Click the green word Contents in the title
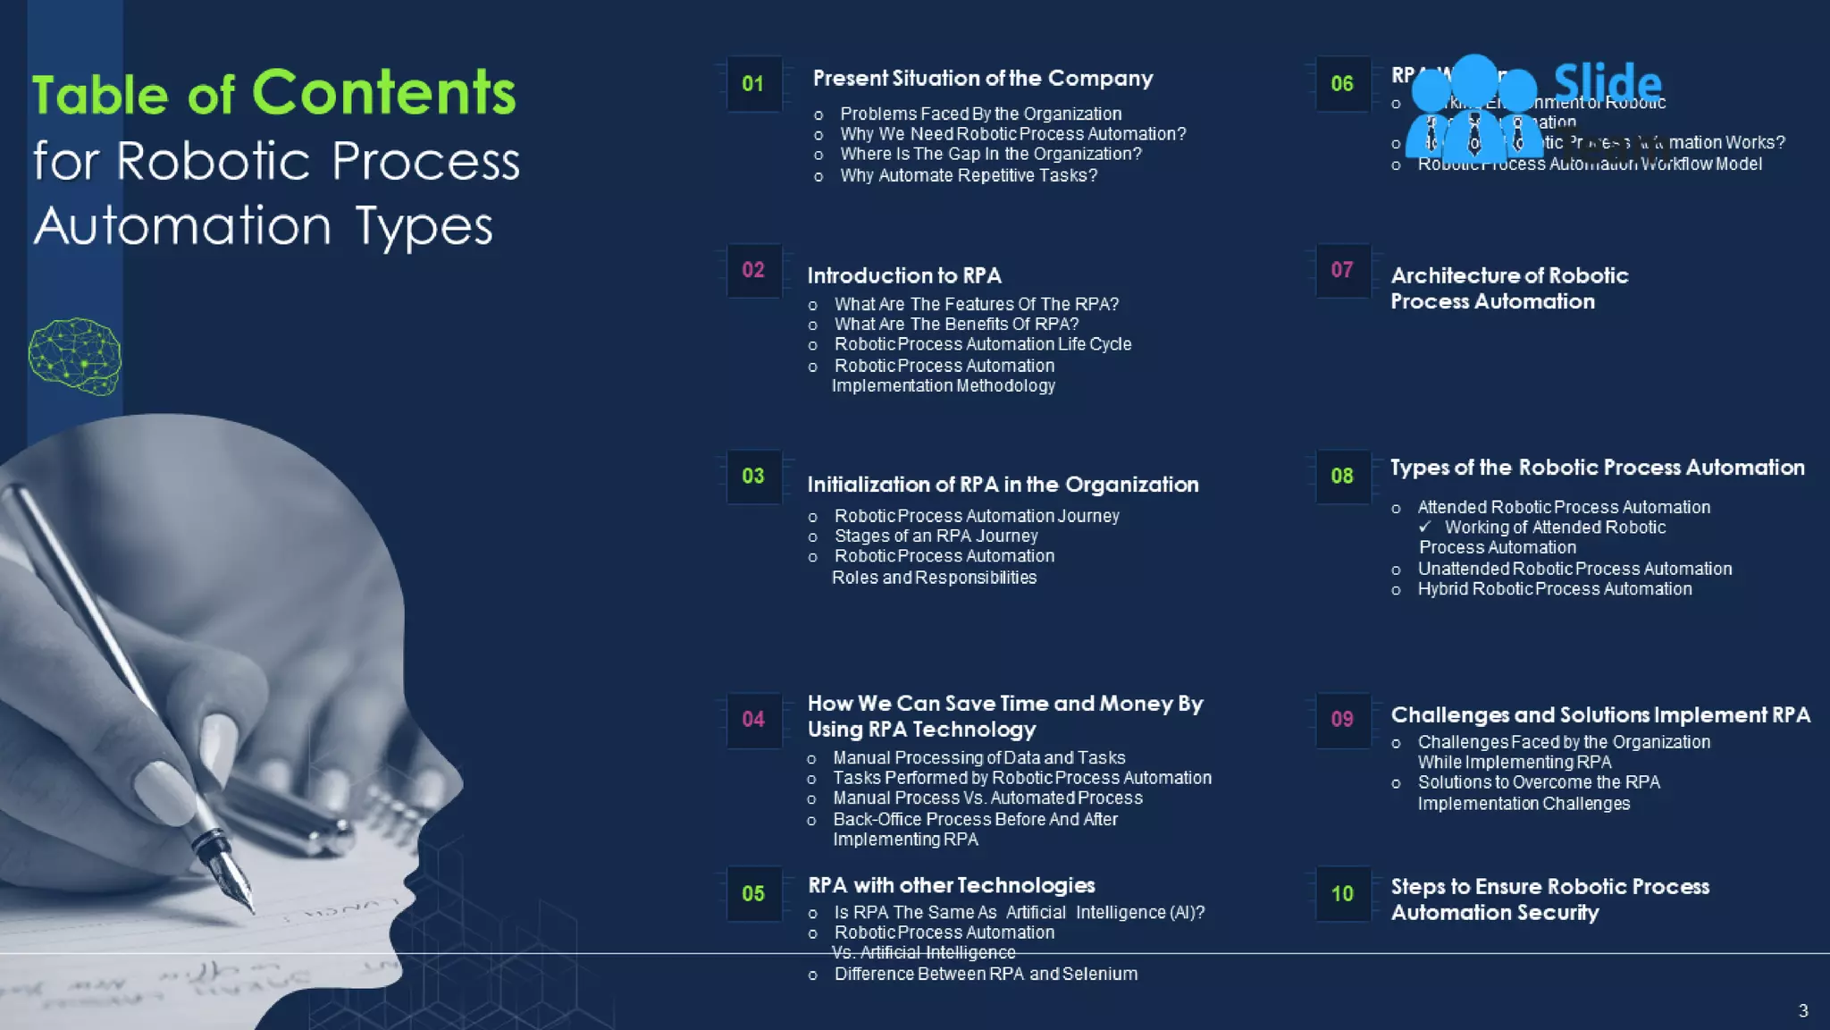(384, 92)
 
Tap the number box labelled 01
(753, 84)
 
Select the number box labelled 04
(753, 720)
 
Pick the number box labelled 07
(1342, 270)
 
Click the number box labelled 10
(1342, 893)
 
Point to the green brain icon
(75, 356)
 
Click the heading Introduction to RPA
(904, 275)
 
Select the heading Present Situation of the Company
(983, 79)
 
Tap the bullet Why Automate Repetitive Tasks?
(969, 176)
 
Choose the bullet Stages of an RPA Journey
(936, 536)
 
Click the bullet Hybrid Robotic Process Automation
(1554, 589)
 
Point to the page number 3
(1803, 1011)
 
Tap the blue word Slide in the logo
(1608, 82)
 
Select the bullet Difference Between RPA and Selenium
(986, 975)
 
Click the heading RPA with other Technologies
(951, 885)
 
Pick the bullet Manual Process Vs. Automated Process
(987, 798)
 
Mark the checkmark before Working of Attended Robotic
(1424, 528)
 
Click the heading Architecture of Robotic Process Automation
(1509, 288)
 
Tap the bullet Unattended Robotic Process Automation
(1574, 570)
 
